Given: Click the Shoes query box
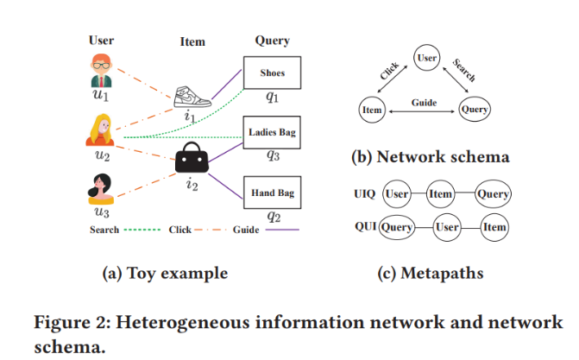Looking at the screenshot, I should [272, 73].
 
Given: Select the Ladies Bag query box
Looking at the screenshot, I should [272, 132].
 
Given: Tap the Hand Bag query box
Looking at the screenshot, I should [272, 192].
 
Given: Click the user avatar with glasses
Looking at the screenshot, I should [101, 70].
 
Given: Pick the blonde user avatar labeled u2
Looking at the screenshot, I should [102, 129].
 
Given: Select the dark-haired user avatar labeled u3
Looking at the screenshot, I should [101, 187].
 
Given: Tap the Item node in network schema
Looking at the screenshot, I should [371, 110].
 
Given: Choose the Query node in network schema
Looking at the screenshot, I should [475, 110].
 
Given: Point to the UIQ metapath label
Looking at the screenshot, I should [363, 193].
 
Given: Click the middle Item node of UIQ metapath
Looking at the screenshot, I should [441, 194].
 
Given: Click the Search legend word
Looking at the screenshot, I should [104, 230].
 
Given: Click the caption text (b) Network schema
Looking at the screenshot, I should [429, 157].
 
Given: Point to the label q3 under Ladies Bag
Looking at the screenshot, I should [272, 156].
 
